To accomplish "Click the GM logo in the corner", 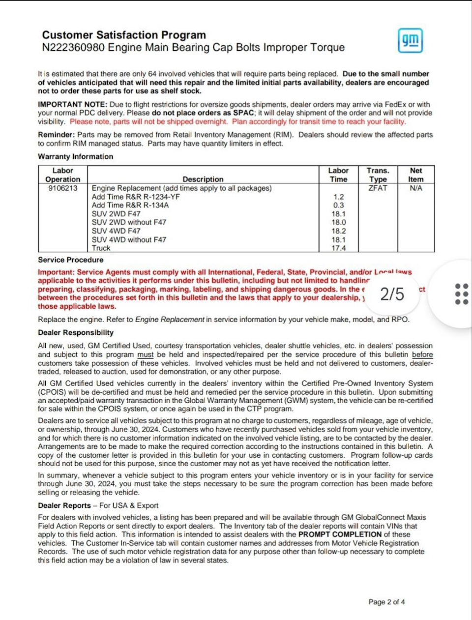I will [410, 40].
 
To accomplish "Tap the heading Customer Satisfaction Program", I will [124, 35].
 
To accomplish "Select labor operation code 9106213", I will [62, 188].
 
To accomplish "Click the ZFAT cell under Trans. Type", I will [378, 188].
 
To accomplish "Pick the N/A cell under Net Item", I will [415, 188].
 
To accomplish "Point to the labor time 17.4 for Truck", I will [339, 248].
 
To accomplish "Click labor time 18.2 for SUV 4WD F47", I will [339, 231].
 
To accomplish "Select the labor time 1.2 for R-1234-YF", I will [339, 197].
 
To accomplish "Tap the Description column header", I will [203, 179].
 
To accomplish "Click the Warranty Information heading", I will [76, 156].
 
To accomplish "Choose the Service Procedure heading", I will [71, 260].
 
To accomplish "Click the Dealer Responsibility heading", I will [76, 332].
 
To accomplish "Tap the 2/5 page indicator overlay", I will [392, 294].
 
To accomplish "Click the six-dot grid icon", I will [461, 294].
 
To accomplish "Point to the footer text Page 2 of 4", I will [386, 602].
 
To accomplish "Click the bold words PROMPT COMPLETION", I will [340, 534].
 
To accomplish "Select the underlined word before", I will [422, 354].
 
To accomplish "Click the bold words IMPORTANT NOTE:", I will [72, 104].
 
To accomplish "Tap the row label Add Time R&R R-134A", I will [130, 206].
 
